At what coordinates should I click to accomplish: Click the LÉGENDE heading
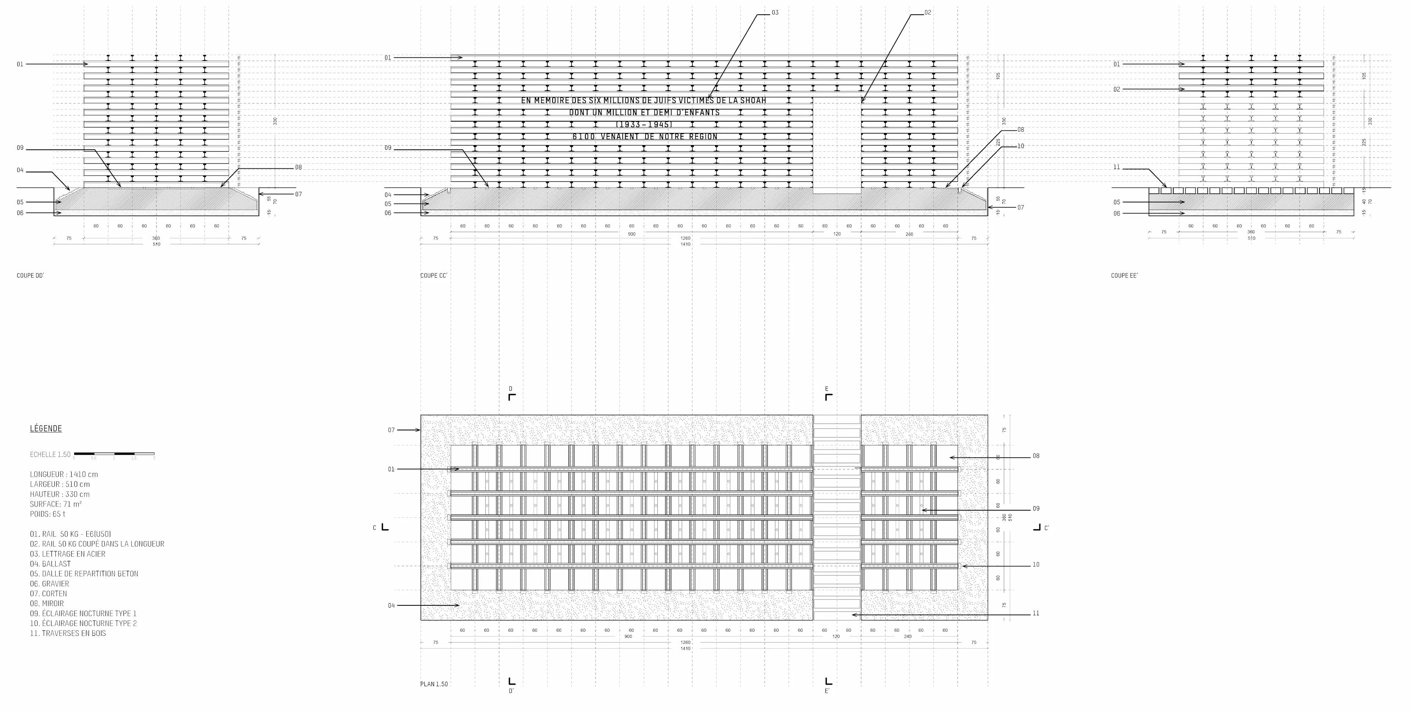point(46,429)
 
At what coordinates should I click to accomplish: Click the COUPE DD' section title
point(30,276)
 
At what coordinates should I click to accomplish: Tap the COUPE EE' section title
point(1124,276)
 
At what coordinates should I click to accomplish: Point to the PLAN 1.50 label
point(434,684)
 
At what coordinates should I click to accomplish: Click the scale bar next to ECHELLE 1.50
point(114,454)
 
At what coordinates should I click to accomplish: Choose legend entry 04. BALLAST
point(50,563)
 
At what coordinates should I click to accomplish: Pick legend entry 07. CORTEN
point(49,594)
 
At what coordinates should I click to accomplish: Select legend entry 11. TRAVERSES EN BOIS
point(68,633)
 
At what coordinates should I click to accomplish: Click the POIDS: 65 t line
point(48,514)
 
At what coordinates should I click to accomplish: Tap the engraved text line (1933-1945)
point(644,124)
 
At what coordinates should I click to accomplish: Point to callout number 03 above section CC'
point(775,12)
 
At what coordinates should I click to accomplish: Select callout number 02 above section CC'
point(928,12)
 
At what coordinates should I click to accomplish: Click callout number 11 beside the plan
point(1036,613)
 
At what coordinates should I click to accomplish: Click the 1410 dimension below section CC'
point(685,244)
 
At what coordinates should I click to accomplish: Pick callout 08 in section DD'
point(298,168)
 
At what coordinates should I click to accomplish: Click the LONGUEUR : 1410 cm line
point(64,474)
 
